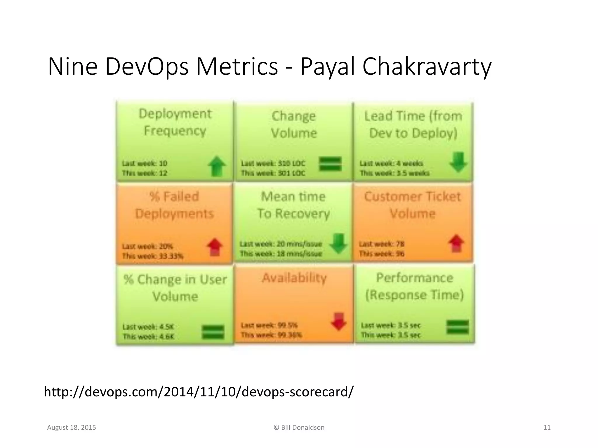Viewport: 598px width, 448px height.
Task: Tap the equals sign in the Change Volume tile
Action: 330,164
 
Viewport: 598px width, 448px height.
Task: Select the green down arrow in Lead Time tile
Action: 458,162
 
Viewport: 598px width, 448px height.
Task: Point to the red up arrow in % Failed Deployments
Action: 215,247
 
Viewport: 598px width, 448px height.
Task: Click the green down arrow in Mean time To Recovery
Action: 338,243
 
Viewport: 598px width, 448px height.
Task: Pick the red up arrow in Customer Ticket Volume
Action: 456,243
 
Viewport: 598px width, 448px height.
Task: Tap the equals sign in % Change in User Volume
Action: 213,332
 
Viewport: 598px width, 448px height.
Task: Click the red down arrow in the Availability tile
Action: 339,321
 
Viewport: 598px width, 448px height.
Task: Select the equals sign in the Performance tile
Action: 458,327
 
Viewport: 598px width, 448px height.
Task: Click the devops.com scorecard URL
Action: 199,391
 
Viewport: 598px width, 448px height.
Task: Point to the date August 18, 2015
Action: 72,428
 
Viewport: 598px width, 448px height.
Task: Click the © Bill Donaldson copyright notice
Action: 299,428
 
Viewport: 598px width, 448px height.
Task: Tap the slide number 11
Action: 547,428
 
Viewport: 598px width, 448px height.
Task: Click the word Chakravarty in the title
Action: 427,67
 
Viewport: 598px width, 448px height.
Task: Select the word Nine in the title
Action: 72,67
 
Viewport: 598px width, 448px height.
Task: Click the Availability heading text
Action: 294,278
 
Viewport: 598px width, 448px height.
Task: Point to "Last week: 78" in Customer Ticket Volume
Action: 382,244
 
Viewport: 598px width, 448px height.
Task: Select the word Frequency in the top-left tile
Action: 175,131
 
